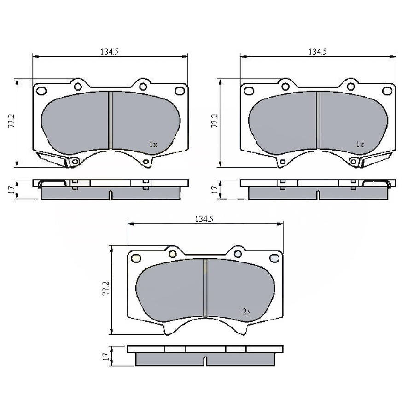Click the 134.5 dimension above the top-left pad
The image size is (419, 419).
pyautogui.click(x=110, y=52)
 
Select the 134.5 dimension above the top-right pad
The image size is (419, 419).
pyautogui.click(x=317, y=52)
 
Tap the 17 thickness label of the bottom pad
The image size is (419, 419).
pyautogui.click(x=106, y=355)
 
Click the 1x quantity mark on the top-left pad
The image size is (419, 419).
pyautogui.click(x=153, y=145)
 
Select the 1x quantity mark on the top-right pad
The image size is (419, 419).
pyautogui.click(x=360, y=145)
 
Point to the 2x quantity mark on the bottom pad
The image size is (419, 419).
pyautogui.click(x=246, y=312)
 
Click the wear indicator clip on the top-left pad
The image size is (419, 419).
pyautogui.click(x=54, y=158)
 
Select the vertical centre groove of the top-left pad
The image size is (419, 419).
pyautogui.click(x=110, y=120)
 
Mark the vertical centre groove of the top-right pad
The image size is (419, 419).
pyautogui.click(x=317, y=120)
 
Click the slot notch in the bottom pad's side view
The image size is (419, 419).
pyautogui.click(x=205, y=361)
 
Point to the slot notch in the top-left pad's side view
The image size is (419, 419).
pyautogui.click(x=110, y=195)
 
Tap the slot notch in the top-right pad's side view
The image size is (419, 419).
pyautogui.click(x=317, y=195)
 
